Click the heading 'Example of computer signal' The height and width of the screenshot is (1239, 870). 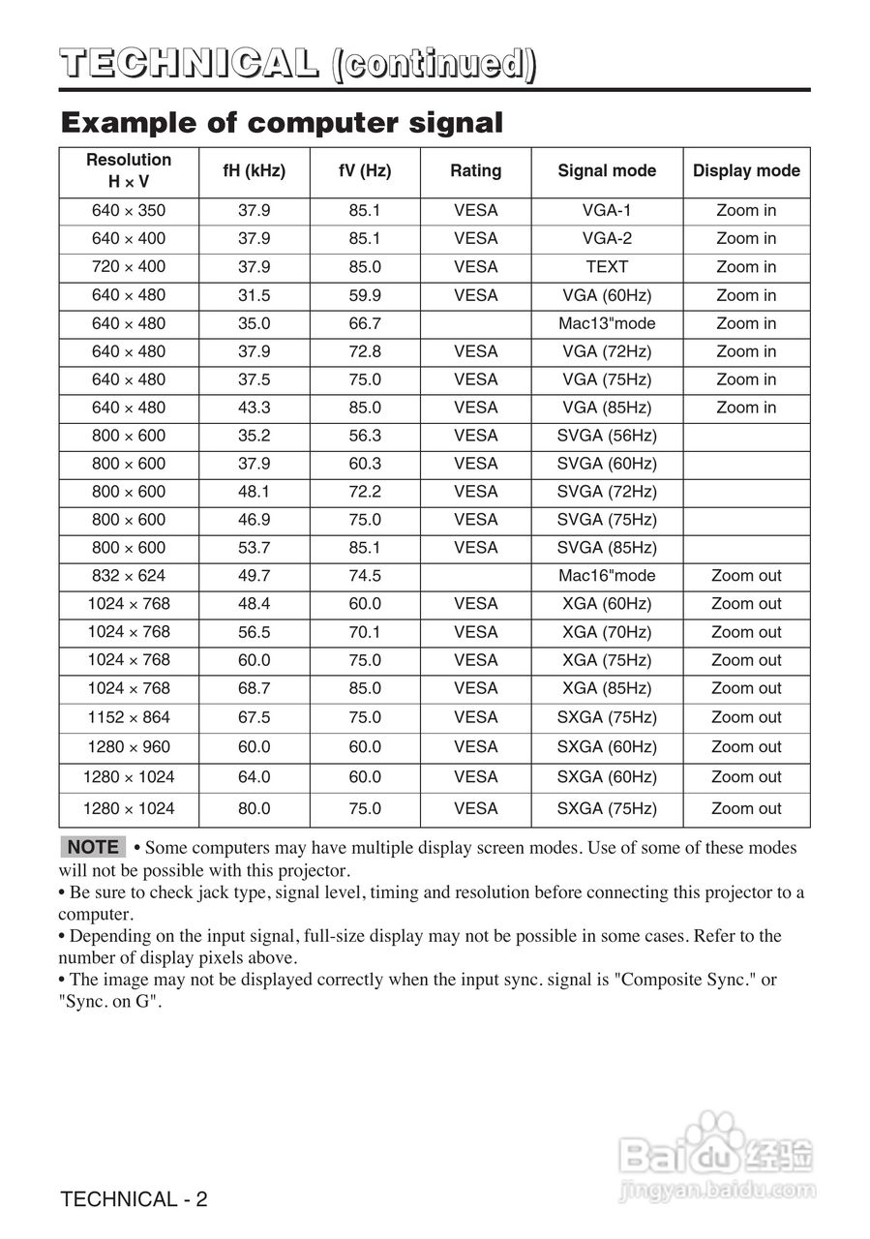pos(282,123)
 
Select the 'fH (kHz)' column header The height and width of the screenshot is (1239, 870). pos(255,171)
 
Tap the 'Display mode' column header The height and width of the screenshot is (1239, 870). pos(746,171)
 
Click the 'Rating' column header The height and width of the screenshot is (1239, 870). pos(475,171)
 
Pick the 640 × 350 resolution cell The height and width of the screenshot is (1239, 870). pos(129,210)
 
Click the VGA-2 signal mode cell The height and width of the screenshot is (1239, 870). pos(607,238)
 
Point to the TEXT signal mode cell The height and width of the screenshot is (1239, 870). pos(607,266)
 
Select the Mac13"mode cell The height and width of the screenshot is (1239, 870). pos(607,323)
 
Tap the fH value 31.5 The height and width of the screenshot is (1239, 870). pos(255,295)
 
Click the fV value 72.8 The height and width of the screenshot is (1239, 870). pos(365,351)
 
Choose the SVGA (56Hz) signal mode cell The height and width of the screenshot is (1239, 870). pos(607,436)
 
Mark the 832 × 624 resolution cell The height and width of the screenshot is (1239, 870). pos(129,576)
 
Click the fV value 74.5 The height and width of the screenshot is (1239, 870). pos(365,576)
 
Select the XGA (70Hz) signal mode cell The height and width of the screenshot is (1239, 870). pos(607,632)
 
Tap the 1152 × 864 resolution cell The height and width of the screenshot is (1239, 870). pos(129,717)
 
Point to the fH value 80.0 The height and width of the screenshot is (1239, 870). pos(255,808)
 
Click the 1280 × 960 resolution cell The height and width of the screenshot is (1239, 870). pos(129,747)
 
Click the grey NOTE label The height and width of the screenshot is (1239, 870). pos(93,847)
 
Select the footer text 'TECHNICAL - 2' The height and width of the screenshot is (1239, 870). pos(134,1199)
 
